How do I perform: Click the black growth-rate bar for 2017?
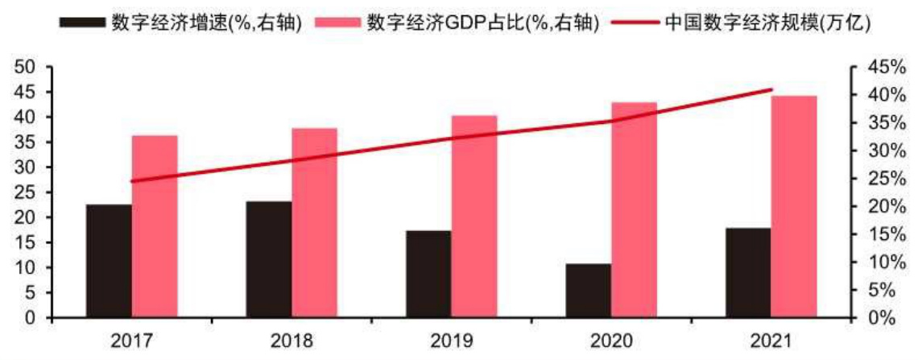pyautogui.click(x=109, y=261)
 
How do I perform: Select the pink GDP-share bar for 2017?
pyautogui.click(x=155, y=226)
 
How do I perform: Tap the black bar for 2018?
pyautogui.click(x=269, y=259)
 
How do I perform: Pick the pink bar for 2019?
pyautogui.click(x=473, y=217)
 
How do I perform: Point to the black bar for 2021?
pyautogui.click(x=748, y=272)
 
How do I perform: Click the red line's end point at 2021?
pyautogui.click(x=771, y=89)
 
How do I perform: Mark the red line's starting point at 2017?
pyautogui.click(x=132, y=181)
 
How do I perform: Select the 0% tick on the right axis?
pyautogui.click(x=883, y=317)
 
